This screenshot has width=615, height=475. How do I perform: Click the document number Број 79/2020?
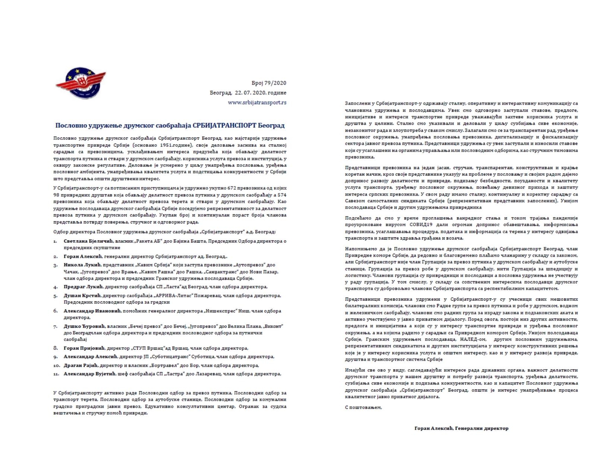pos(269,83)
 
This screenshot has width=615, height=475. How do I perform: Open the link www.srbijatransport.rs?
pos(257,102)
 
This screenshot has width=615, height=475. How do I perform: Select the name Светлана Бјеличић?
pos(85,241)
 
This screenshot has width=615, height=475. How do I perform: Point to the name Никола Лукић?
pos(82,265)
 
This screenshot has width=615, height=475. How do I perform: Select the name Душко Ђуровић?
pos(84,326)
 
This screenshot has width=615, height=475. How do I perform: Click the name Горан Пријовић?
pos(84,348)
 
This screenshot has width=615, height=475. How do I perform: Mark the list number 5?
pos(56,296)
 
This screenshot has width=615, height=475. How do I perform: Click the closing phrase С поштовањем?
pos(363,408)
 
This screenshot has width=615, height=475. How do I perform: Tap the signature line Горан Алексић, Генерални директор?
pos(461,428)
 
